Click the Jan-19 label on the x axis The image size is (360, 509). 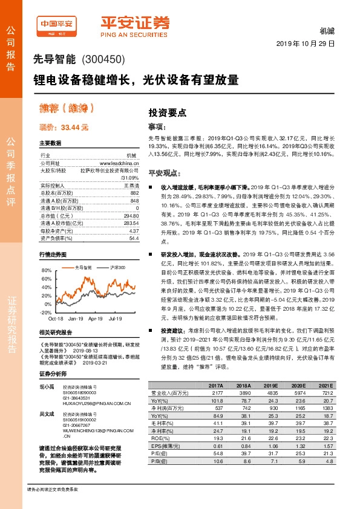[76, 317]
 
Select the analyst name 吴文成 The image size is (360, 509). [47, 413]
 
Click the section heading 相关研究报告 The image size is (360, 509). [56, 332]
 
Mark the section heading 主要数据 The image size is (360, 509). [50, 143]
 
